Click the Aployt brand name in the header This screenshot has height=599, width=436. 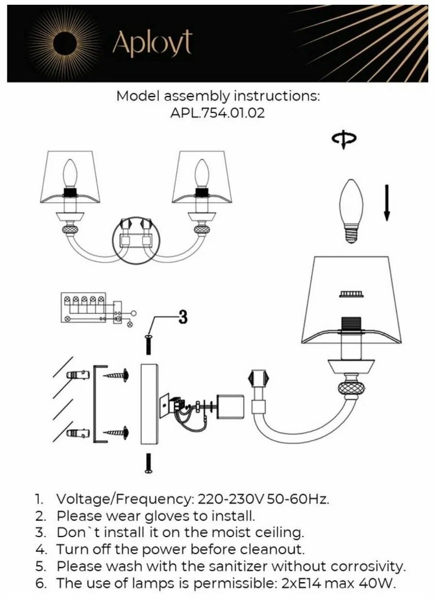[x=152, y=44]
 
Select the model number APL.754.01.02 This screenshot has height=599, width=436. [x=217, y=113]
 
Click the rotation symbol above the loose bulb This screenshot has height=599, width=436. [x=344, y=139]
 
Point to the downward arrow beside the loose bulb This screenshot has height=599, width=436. [x=387, y=203]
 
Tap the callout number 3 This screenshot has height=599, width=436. [x=183, y=318]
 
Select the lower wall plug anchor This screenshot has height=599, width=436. [x=78, y=434]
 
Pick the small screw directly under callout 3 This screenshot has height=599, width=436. [x=149, y=344]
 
